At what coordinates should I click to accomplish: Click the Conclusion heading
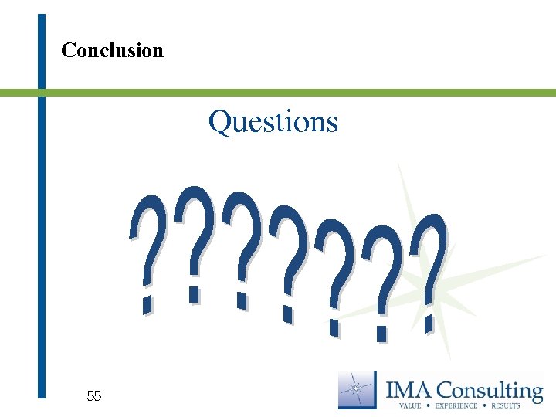pos(112,51)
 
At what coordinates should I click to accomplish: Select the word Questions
pos(273,122)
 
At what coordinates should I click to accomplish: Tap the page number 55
pos(94,396)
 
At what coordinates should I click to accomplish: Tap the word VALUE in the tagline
pos(410,405)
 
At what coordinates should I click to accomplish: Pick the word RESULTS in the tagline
pos(507,405)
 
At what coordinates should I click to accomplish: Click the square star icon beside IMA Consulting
pos(358,389)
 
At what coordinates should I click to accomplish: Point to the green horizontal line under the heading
pos(309,93)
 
